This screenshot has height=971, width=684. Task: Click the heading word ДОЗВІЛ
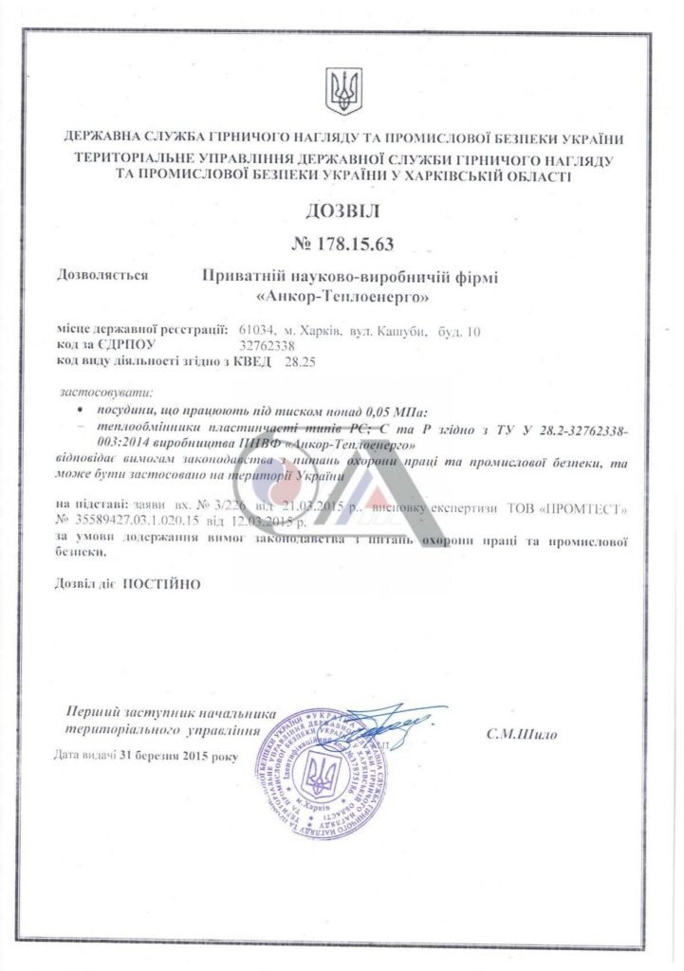pyautogui.click(x=342, y=211)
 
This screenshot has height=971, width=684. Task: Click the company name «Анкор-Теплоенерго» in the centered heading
pyautogui.click(x=342, y=297)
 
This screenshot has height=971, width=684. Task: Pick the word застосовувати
pyautogui.click(x=105, y=392)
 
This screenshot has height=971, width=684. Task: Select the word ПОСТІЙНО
pyautogui.click(x=162, y=584)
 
